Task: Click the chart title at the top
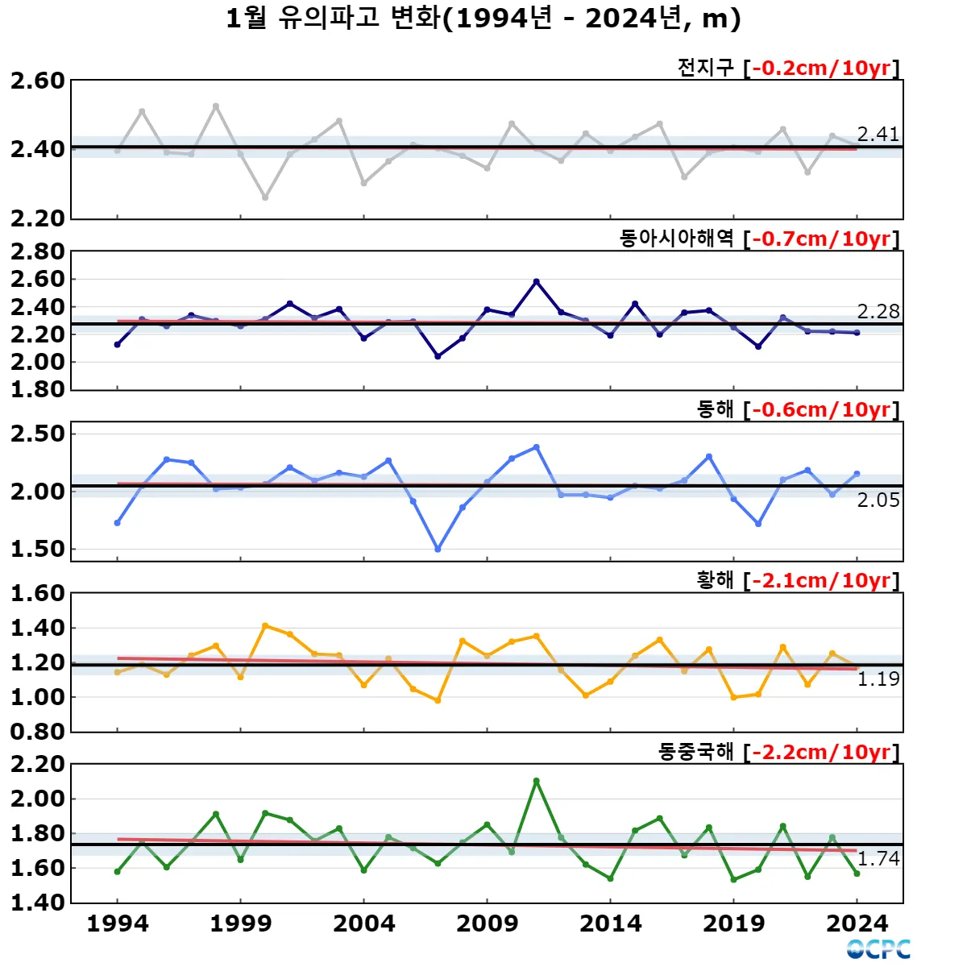[483, 19]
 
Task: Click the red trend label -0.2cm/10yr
[821, 68]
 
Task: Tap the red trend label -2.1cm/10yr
[821, 581]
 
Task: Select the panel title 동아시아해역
[676, 239]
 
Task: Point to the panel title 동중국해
[695, 752]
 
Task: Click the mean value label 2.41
[878, 135]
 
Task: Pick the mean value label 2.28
[878, 312]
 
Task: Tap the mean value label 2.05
[878, 500]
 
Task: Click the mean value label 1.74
[878, 859]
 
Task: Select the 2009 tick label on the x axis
[487, 923]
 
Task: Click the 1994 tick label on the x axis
[118, 923]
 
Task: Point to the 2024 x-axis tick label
[857, 923]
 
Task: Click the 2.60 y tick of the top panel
[37, 81]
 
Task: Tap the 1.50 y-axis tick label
[37, 549]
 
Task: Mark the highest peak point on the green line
[537, 781]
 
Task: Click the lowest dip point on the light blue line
[438, 550]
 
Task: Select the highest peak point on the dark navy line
[537, 281]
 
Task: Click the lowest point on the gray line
[265, 197]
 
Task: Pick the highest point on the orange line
[265, 625]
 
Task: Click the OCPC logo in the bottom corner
[878, 949]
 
